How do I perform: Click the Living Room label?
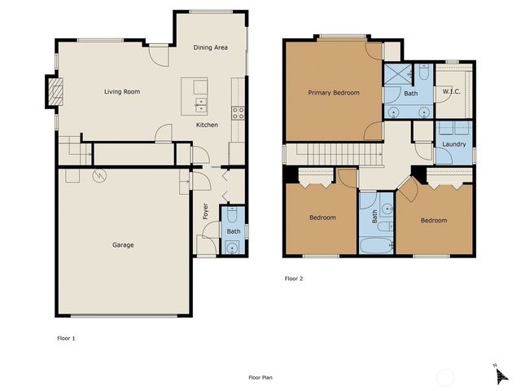click(122, 92)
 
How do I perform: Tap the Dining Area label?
click(210, 48)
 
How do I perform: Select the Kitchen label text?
click(206, 125)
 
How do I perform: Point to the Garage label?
click(123, 245)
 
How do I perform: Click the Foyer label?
click(206, 211)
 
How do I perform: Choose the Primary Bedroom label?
click(333, 93)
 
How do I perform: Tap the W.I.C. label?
click(452, 92)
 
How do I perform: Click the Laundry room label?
click(454, 144)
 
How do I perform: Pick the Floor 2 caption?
click(293, 279)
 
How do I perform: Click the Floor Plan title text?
click(260, 378)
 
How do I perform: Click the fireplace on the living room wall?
click(54, 91)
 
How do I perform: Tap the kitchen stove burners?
click(239, 113)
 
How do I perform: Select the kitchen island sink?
click(200, 104)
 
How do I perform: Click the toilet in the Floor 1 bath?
click(234, 216)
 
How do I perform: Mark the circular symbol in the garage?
click(99, 174)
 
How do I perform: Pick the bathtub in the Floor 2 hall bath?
click(374, 244)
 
